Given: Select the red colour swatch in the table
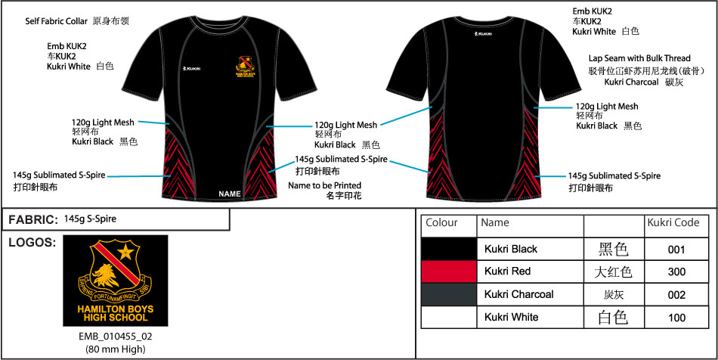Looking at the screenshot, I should coord(449,271).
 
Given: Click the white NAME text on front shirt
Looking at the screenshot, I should coord(229,194).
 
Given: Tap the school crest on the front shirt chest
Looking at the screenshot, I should coord(244,67).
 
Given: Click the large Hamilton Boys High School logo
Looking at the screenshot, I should coord(115,281).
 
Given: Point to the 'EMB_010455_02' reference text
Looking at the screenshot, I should coord(116,337).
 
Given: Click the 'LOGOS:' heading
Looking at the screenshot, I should coord(31,243).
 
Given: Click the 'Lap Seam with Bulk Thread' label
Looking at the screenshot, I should coord(639,58).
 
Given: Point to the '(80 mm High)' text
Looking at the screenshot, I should coord(116,349).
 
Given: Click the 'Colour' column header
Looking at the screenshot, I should coord(442,224).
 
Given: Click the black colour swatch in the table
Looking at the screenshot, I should coord(449,248).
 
